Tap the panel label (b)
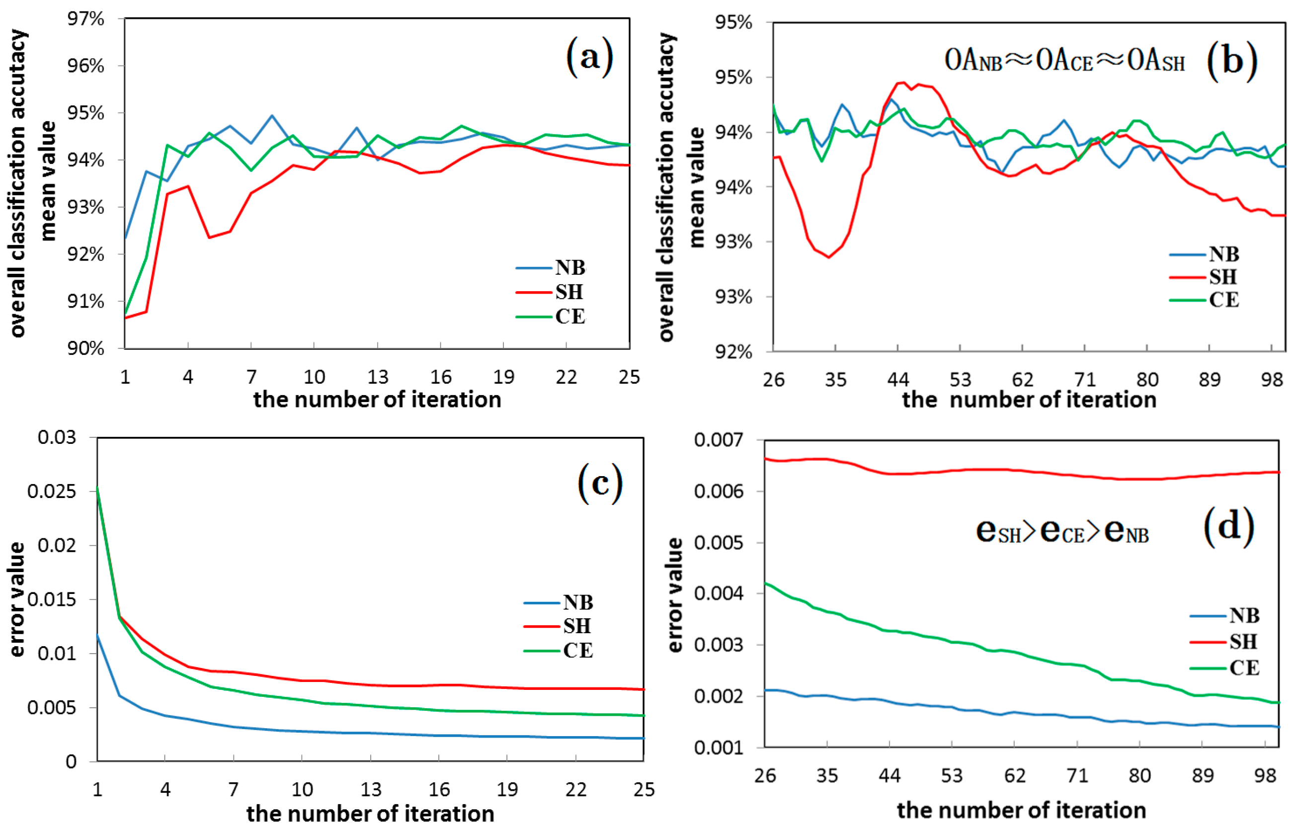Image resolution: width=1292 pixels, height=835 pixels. [1231, 61]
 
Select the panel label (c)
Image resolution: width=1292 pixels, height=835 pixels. [600, 482]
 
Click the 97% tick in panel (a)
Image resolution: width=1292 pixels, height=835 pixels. [85, 19]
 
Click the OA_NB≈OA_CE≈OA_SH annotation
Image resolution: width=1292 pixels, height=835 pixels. [1064, 61]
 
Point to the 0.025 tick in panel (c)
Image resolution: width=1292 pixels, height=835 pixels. [52, 491]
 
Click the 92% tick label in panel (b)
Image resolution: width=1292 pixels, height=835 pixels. [733, 352]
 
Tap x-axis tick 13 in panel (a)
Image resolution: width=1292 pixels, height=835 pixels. [377, 377]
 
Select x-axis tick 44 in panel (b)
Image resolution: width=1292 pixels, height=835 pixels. [897, 380]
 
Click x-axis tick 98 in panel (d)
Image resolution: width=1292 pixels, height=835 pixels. [1265, 775]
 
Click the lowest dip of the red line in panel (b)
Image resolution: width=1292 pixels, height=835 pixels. [829, 257]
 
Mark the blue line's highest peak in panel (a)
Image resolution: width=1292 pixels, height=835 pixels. [272, 115]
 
